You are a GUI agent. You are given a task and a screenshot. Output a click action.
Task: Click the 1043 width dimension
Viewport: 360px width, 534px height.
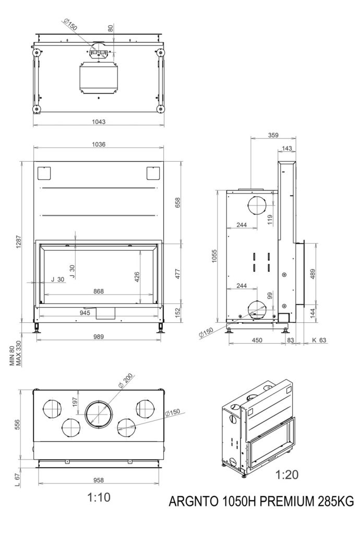pyautogui.click(x=98, y=122)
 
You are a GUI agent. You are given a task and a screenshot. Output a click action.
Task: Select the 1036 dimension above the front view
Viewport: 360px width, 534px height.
pyautogui.click(x=98, y=144)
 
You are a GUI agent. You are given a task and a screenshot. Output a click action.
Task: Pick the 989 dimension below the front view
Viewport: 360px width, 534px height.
pyautogui.click(x=98, y=336)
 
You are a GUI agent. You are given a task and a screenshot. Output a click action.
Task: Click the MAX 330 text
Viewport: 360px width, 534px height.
pyautogui.click(x=19, y=355)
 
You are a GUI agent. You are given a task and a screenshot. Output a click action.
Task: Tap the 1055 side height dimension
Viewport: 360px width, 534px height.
pyautogui.click(x=214, y=256)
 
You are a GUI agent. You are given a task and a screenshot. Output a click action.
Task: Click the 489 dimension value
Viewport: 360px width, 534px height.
pyautogui.click(x=312, y=274)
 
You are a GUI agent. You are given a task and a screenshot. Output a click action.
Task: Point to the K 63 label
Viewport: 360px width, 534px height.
pyautogui.click(x=319, y=340)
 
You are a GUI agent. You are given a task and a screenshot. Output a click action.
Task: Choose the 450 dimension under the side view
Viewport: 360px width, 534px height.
pyautogui.click(x=257, y=340)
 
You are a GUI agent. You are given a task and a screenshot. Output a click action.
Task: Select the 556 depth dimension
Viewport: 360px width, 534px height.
pyautogui.click(x=18, y=425)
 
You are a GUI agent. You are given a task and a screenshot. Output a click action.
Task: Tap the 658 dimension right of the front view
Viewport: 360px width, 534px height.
pyautogui.click(x=177, y=203)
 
